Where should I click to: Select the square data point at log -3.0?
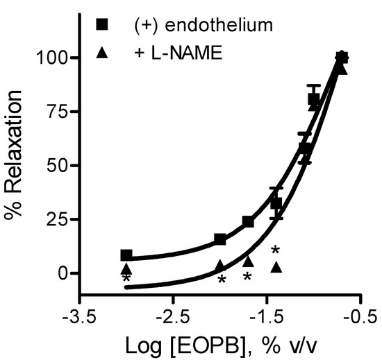pos(126,255)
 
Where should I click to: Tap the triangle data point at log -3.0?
pos(126,268)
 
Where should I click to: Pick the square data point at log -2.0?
pos(219,239)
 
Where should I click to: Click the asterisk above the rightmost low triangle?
pos(275,250)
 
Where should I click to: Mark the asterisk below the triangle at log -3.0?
pos(126,280)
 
